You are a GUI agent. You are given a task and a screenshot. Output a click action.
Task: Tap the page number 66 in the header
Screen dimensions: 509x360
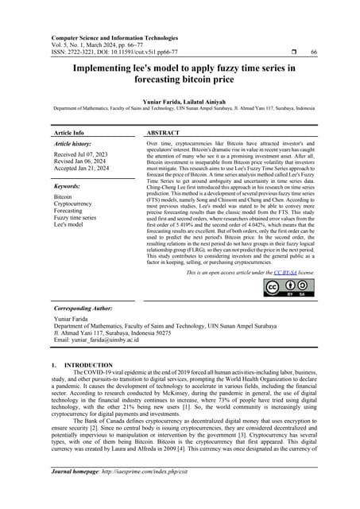[x=313, y=52]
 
